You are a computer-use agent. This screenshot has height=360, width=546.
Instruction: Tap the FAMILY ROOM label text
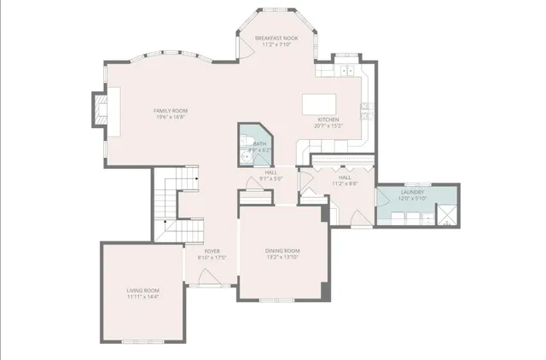(x=171, y=111)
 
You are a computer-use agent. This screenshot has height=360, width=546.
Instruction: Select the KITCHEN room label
(x=329, y=119)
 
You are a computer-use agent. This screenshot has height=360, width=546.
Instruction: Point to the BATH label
(x=259, y=144)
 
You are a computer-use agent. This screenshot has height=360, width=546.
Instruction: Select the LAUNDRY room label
(x=413, y=193)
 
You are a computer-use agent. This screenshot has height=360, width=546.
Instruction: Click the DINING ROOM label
(x=282, y=250)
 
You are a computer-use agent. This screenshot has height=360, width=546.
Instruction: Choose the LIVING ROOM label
(x=143, y=291)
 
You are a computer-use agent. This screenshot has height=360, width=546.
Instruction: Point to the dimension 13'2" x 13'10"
(x=282, y=257)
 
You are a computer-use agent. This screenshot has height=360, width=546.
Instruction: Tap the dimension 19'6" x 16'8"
(x=171, y=118)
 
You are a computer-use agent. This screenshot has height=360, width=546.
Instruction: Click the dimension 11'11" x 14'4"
(x=143, y=298)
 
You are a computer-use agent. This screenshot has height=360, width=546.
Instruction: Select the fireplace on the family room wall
(x=101, y=110)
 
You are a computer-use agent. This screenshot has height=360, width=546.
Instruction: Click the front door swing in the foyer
(x=206, y=276)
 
